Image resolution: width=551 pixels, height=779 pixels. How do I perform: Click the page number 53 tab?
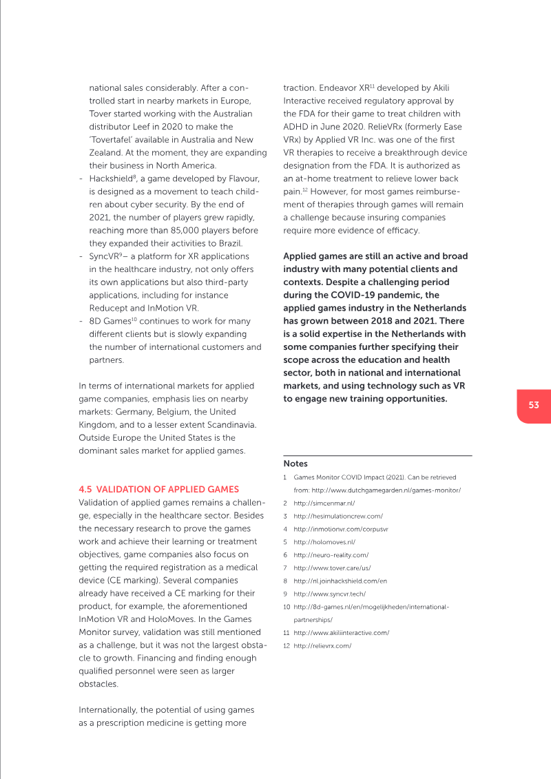(534, 406)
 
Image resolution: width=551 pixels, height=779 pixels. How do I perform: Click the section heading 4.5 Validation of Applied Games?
(159, 489)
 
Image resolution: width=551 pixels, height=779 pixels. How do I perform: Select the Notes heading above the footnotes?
(295, 464)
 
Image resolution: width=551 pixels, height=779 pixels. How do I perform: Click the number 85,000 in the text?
(185, 230)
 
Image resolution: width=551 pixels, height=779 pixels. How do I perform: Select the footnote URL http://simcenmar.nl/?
(324, 503)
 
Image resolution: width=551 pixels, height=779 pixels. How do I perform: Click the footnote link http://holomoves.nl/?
(324, 542)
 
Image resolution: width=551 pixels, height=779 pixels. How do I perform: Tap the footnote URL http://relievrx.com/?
(322, 645)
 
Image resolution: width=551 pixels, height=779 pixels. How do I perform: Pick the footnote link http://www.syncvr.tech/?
(329, 594)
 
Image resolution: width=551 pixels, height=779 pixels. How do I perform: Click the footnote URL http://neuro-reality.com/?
(331, 554)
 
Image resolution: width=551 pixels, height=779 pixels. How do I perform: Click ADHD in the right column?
(297, 127)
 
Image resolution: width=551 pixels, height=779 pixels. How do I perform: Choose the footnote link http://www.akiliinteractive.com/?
(342, 632)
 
